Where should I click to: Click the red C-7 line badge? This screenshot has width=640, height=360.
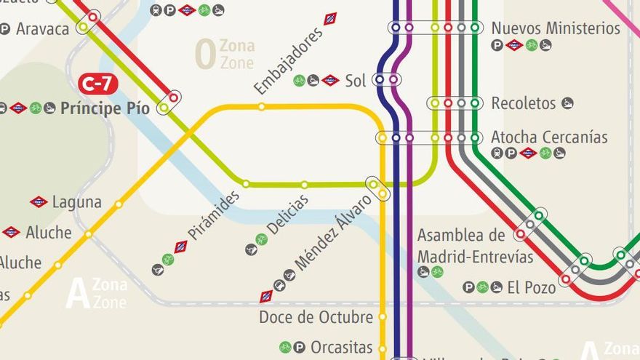[97, 84]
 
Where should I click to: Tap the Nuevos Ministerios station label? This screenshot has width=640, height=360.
[555, 28]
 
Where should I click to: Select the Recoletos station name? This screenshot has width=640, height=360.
[524, 103]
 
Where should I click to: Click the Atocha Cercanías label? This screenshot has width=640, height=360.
[549, 137]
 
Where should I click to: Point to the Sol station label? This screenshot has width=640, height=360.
[356, 81]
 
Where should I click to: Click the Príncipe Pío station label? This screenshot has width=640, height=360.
[105, 108]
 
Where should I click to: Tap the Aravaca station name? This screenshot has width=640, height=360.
[42, 29]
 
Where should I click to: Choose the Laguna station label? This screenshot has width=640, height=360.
[77, 201]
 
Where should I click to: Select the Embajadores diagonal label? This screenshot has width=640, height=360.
[288, 62]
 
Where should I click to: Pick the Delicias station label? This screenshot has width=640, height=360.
[287, 215]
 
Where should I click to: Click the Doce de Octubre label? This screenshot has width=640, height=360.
[316, 317]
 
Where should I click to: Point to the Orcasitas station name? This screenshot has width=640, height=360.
[341, 348]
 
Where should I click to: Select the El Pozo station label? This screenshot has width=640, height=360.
[531, 287]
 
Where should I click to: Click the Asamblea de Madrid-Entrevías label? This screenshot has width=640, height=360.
[475, 247]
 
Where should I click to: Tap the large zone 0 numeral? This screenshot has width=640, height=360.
[205, 55]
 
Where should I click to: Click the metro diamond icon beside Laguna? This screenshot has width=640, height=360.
[39, 201]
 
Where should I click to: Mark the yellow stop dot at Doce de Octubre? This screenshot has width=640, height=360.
[383, 317]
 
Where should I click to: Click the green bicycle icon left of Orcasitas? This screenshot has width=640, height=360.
[286, 348]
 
